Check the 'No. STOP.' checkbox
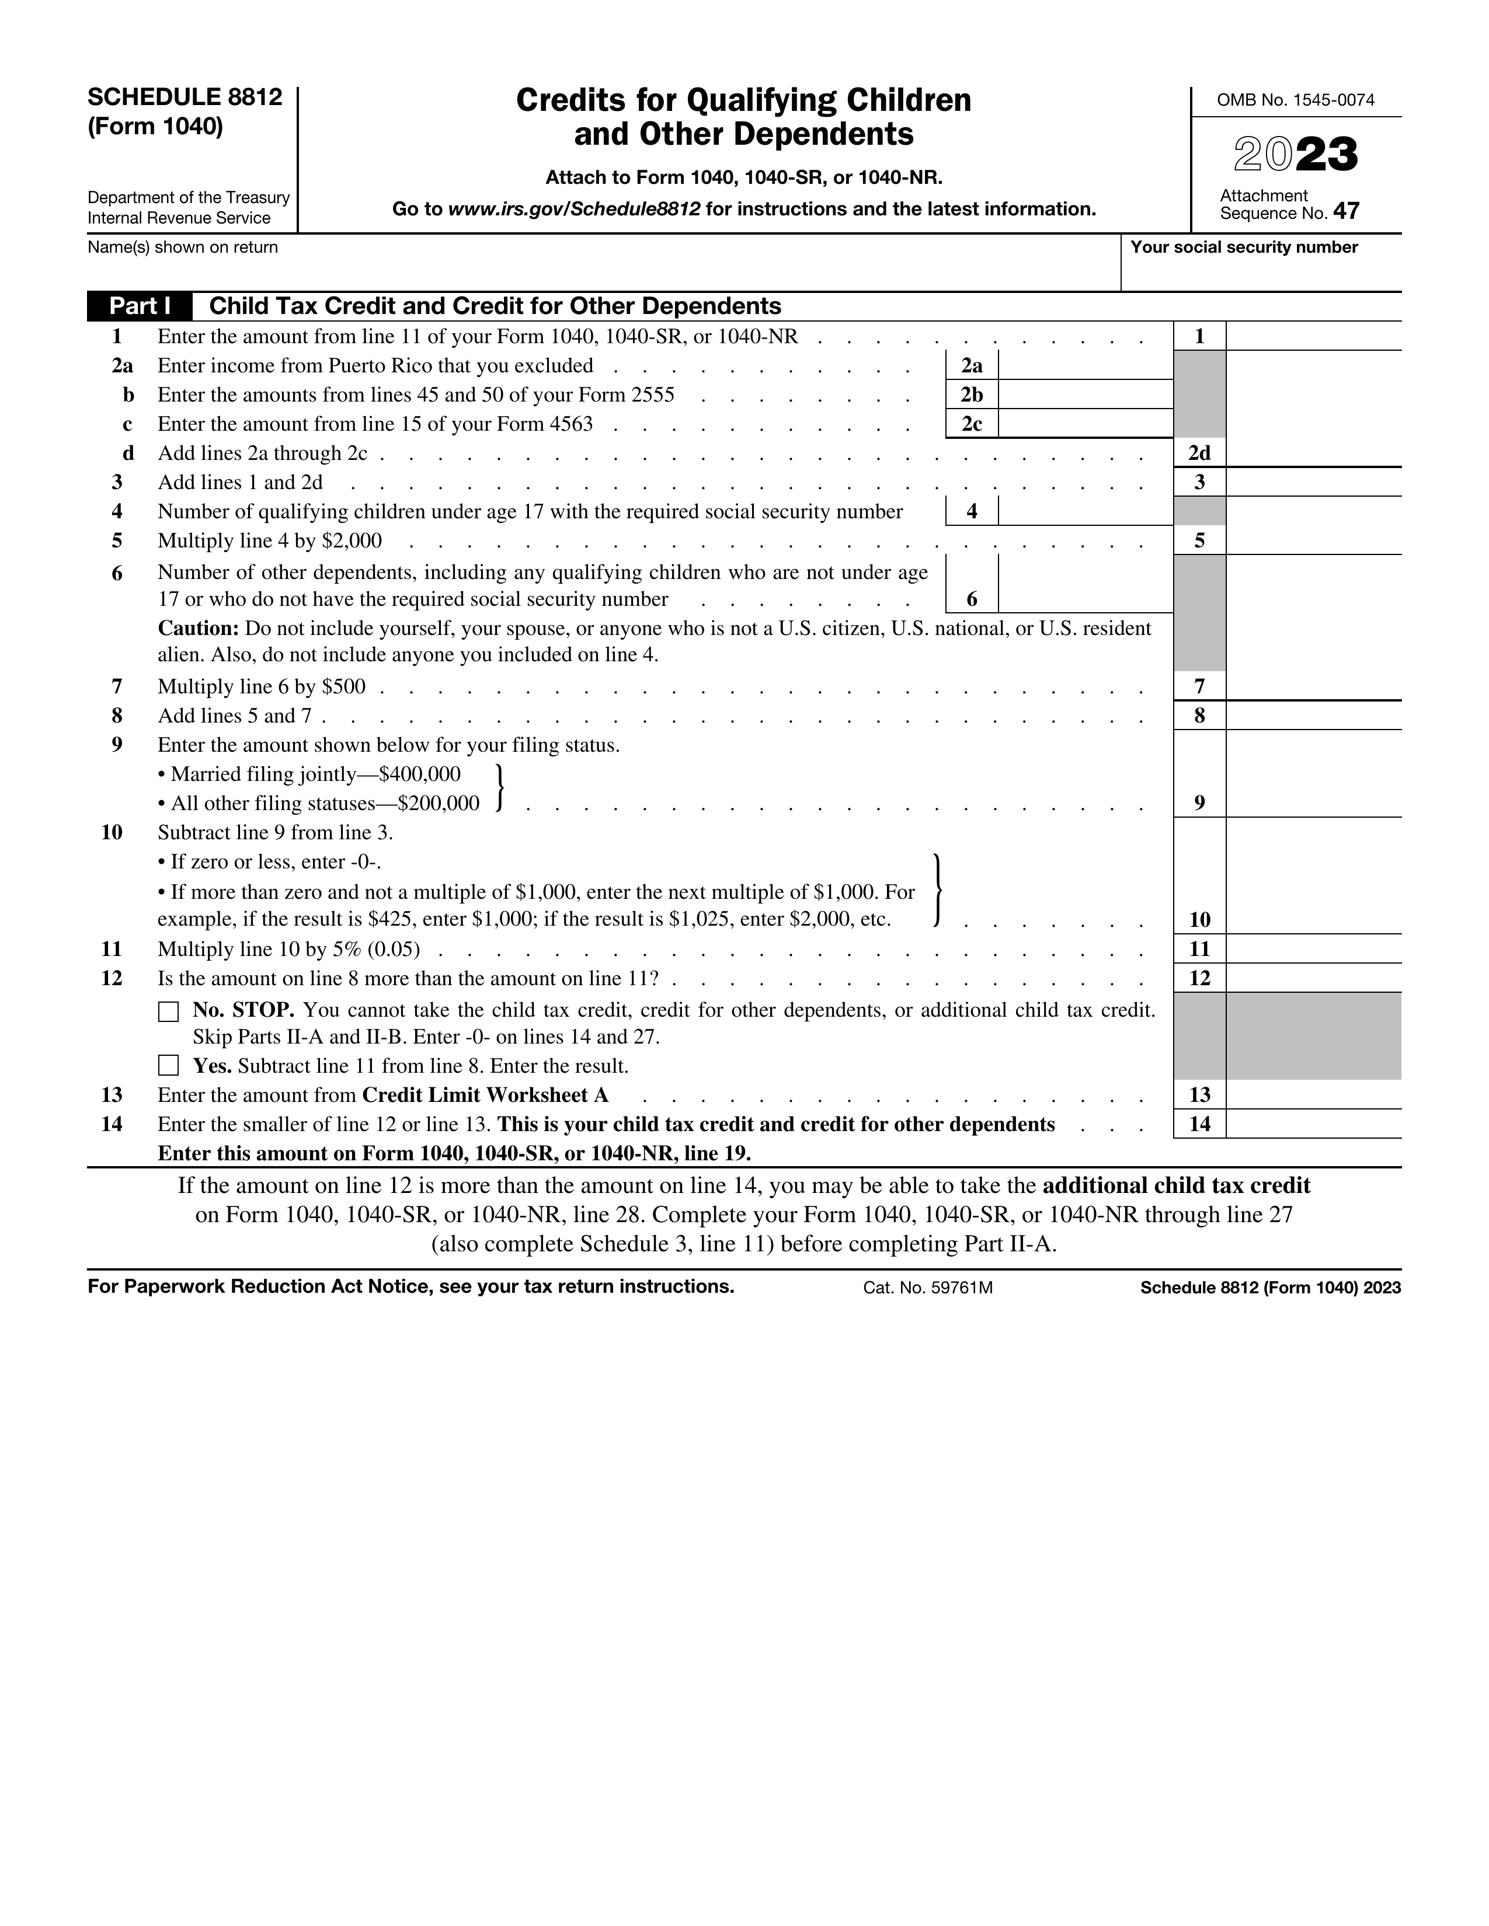click(x=168, y=1011)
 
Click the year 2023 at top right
click(x=1295, y=155)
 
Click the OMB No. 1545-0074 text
click(x=1295, y=100)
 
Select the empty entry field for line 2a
click(x=1085, y=366)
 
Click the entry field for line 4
click(x=1085, y=511)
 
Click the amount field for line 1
click(x=1313, y=336)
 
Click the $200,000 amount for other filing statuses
click(x=439, y=804)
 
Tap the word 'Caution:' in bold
click(x=199, y=629)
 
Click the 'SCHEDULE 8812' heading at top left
click(x=185, y=97)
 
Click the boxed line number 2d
click(x=1199, y=453)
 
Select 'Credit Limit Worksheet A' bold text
click(x=485, y=1095)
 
